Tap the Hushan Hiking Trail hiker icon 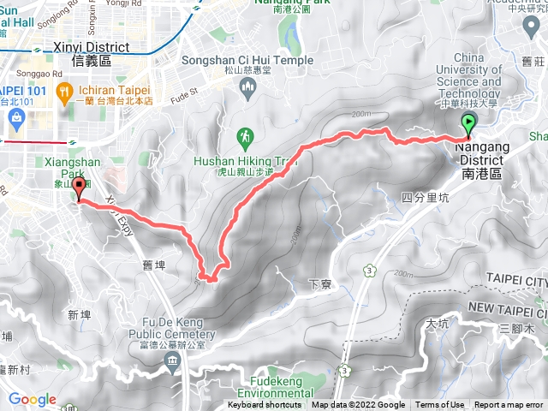click(244, 135)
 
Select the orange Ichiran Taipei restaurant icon click(63, 91)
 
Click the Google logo click(33, 400)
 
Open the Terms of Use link click(440, 405)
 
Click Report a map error click(509, 405)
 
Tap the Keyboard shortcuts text click(265, 405)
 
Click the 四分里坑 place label click(424, 197)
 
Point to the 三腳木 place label click(516, 329)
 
